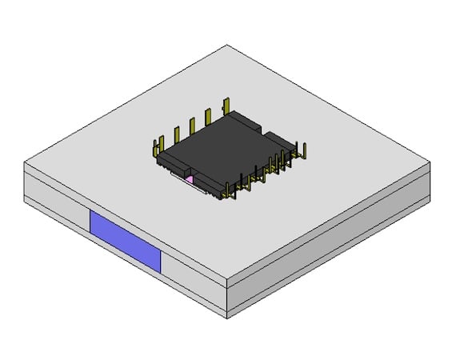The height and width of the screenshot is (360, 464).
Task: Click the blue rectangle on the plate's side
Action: click(x=126, y=240)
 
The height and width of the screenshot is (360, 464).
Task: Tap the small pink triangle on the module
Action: click(x=190, y=180)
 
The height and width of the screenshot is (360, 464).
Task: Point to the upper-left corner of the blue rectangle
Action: click(x=90, y=210)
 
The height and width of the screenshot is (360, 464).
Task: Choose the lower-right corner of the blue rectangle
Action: click(x=161, y=270)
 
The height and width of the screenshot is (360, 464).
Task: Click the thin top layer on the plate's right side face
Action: click(x=336, y=228)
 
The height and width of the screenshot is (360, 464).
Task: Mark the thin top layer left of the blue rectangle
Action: click(x=56, y=186)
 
